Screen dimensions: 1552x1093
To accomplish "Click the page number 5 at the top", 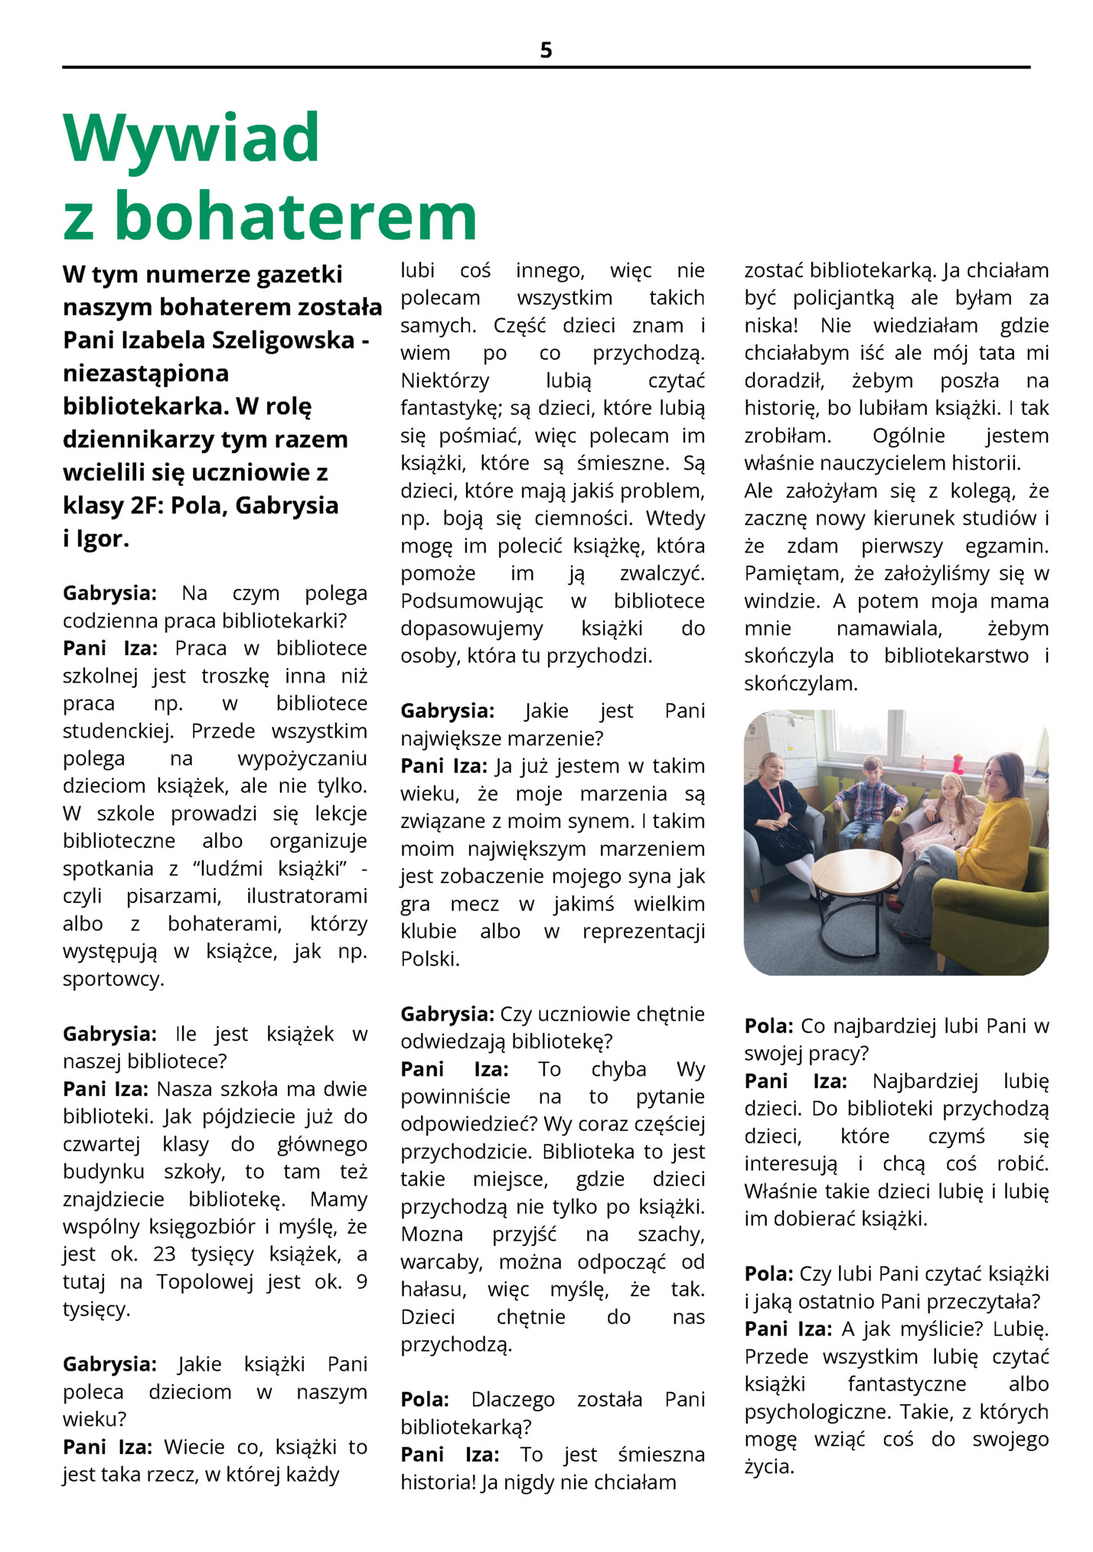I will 546,51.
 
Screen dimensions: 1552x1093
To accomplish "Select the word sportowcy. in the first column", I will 113,979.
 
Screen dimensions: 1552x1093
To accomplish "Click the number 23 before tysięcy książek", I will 164,1254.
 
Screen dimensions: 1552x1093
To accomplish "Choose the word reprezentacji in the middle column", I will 643,931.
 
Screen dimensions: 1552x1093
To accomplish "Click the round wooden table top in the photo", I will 856,874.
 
